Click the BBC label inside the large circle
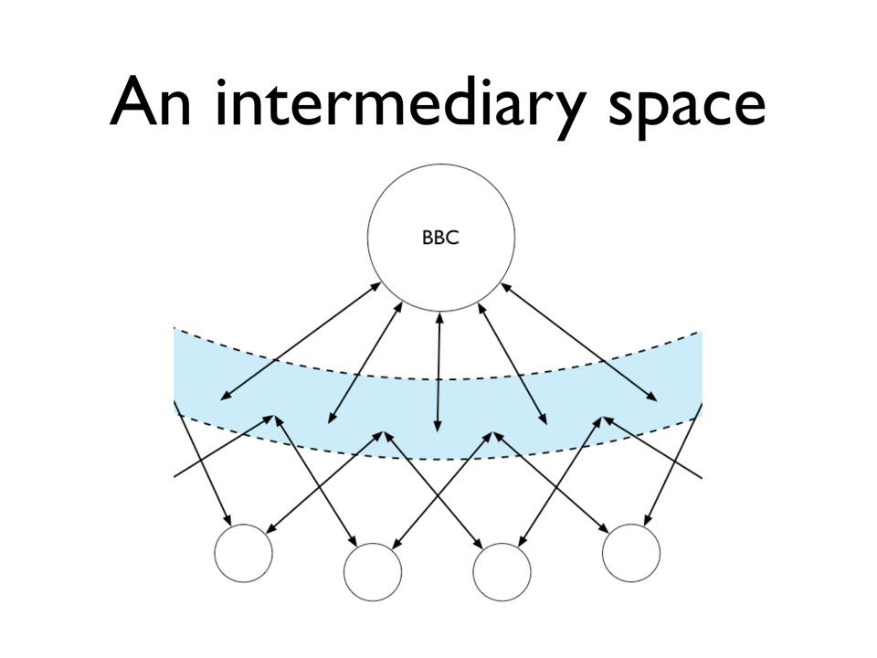[x=440, y=238]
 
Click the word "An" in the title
[x=151, y=102]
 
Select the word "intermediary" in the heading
[x=400, y=103]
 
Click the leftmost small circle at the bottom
[x=243, y=553]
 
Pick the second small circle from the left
[x=373, y=572]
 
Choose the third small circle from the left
[x=502, y=572]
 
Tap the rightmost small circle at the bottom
[x=631, y=553]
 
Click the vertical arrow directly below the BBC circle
[x=438, y=372]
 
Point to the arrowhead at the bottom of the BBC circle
[x=439, y=318]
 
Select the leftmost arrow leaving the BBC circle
[x=301, y=341]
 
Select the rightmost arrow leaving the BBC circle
[x=579, y=342]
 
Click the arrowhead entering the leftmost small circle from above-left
[x=227, y=519]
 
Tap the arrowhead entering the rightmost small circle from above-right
[x=649, y=519]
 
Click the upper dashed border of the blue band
[x=438, y=379]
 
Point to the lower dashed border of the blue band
[x=438, y=458]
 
